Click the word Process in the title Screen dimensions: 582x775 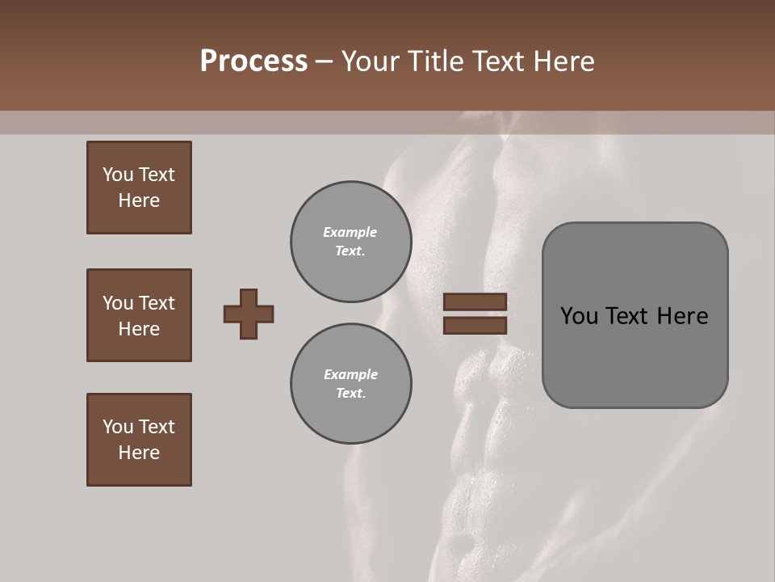[253, 61]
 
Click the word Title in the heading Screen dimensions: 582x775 [435, 61]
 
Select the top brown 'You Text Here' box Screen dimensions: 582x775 [139, 188]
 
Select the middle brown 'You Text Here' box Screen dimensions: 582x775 [139, 315]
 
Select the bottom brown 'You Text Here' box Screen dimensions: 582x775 [139, 440]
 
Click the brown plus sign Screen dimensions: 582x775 [249, 314]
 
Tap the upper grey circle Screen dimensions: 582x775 [350, 242]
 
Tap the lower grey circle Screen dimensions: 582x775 [350, 383]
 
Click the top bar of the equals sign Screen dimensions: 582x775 [475, 302]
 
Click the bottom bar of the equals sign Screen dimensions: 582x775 [475, 325]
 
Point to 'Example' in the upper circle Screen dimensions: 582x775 [350, 232]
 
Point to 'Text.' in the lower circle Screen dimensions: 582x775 [350, 393]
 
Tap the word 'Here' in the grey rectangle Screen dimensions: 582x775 [682, 316]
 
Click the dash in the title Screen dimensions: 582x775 [325, 62]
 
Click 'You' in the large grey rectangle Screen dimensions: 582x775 [580, 316]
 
